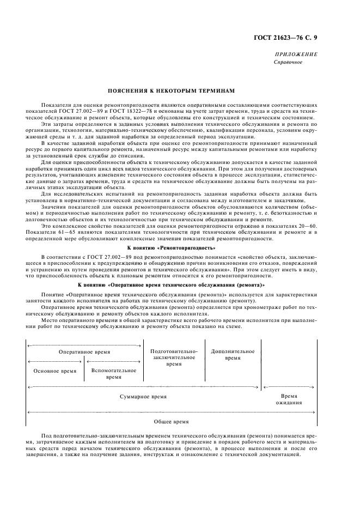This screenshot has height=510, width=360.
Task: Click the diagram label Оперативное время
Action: tap(84, 353)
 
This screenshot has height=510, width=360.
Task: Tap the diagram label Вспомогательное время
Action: tap(114, 373)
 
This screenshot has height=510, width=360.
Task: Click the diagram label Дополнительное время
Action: tap(233, 355)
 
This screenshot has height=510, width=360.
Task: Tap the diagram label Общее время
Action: tap(172, 421)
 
